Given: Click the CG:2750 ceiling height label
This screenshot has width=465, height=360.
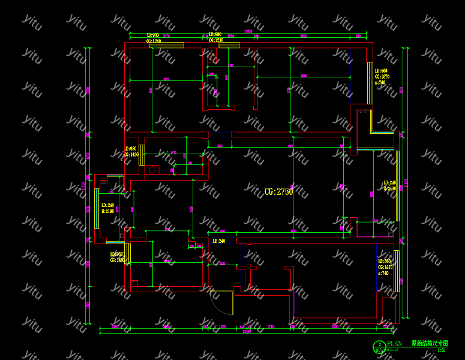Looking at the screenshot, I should [278, 192].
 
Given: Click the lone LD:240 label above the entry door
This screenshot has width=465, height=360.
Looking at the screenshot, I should [218, 241].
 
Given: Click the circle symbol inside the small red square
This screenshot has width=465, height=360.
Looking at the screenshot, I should [152, 170].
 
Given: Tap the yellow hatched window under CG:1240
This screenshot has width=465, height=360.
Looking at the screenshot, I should [166, 46].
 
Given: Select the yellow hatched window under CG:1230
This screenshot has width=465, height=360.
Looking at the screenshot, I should [229, 46].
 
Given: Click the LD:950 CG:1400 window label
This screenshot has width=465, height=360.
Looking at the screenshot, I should [131, 152].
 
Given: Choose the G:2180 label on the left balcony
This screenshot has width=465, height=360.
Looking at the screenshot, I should [107, 211].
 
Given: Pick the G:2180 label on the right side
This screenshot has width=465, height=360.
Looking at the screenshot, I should [390, 188].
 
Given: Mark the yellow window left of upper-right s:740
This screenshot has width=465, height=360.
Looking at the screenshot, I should [370, 83].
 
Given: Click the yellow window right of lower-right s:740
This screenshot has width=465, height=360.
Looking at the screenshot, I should [396, 271].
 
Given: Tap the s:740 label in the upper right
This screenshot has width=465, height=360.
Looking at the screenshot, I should [380, 83].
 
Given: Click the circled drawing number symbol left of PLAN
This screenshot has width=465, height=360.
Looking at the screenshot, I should [380, 346].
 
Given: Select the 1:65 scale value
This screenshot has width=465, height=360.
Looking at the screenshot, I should [441, 350].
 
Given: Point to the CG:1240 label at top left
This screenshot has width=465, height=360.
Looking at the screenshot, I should [154, 41].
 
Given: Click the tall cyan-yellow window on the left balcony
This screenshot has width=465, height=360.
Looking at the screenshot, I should [96, 208].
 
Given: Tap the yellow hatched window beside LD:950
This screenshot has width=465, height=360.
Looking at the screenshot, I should [142, 155].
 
